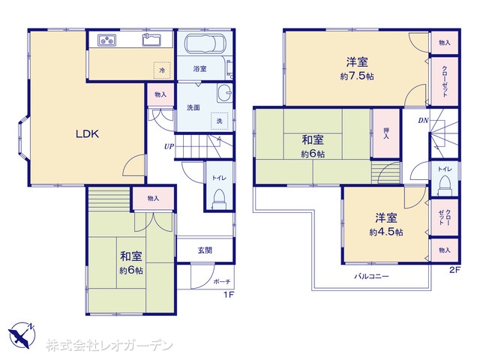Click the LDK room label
tap(87, 133)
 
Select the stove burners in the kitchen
tap(106, 40)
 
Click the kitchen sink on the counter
tap(151, 40)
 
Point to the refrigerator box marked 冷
tap(162, 70)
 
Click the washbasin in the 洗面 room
tap(224, 92)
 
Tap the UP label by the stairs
tap(169, 147)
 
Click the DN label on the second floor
tap(423, 121)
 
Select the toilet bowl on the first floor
tap(218, 199)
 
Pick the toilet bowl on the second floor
tap(445, 187)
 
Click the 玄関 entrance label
tap(205, 250)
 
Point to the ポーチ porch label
tap(222, 282)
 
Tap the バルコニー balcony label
tap(372, 276)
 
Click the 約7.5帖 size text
tap(357, 76)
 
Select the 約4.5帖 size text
tap(386, 232)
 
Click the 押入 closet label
tap(386, 133)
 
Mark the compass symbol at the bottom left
tap(22, 335)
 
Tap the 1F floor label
tap(228, 295)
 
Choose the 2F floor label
tap(455, 270)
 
